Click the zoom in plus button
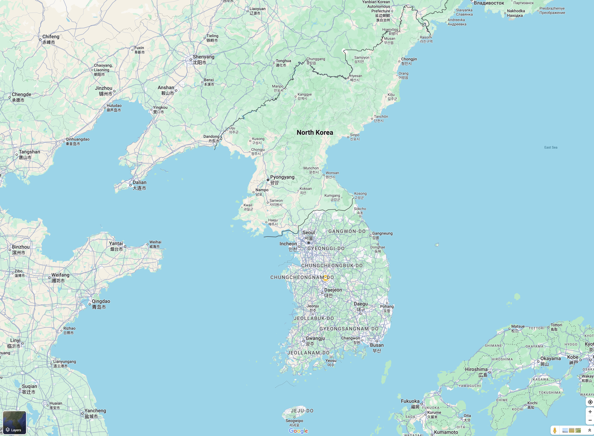(x=590, y=412)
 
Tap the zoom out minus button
(x=590, y=420)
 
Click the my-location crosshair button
(x=590, y=402)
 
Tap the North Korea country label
(x=315, y=132)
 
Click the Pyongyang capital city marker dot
(x=268, y=180)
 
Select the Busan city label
(x=377, y=345)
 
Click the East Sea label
(x=551, y=147)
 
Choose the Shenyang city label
(x=203, y=57)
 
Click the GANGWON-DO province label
(x=347, y=231)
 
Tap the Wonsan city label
(x=332, y=173)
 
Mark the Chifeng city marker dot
(x=40, y=40)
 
